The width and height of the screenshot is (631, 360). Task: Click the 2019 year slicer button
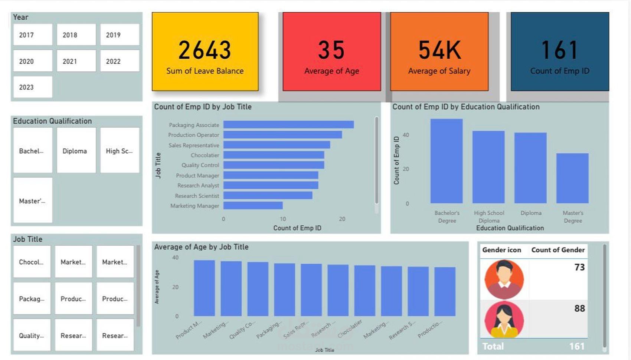click(x=120, y=35)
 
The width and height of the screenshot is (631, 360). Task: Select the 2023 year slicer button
click(x=33, y=87)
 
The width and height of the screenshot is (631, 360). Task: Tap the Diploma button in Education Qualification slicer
click(x=76, y=151)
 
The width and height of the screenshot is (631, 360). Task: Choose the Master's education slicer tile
click(x=33, y=200)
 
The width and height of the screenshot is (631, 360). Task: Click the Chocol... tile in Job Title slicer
click(x=32, y=262)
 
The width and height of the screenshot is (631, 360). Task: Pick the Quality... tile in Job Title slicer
click(x=32, y=335)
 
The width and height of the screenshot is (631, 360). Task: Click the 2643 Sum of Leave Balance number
click(x=205, y=50)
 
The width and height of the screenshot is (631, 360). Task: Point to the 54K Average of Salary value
click(x=439, y=50)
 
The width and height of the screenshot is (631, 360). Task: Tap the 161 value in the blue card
click(x=559, y=50)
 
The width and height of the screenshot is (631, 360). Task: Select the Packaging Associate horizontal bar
click(x=288, y=125)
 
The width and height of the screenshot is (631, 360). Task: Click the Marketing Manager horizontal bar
click(x=253, y=205)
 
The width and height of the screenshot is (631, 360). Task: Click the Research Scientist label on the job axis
click(x=197, y=196)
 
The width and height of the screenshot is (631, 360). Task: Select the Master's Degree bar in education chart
click(x=572, y=178)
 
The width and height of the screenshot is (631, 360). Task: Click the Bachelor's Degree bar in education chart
click(x=446, y=161)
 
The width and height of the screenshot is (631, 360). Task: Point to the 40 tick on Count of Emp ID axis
click(x=406, y=135)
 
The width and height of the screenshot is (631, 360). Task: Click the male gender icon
click(x=504, y=279)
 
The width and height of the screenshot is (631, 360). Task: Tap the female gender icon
click(x=504, y=319)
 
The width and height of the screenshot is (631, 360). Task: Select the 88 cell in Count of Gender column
click(x=579, y=308)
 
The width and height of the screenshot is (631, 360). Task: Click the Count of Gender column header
click(x=558, y=250)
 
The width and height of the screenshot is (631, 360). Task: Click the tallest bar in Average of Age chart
click(x=204, y=288)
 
